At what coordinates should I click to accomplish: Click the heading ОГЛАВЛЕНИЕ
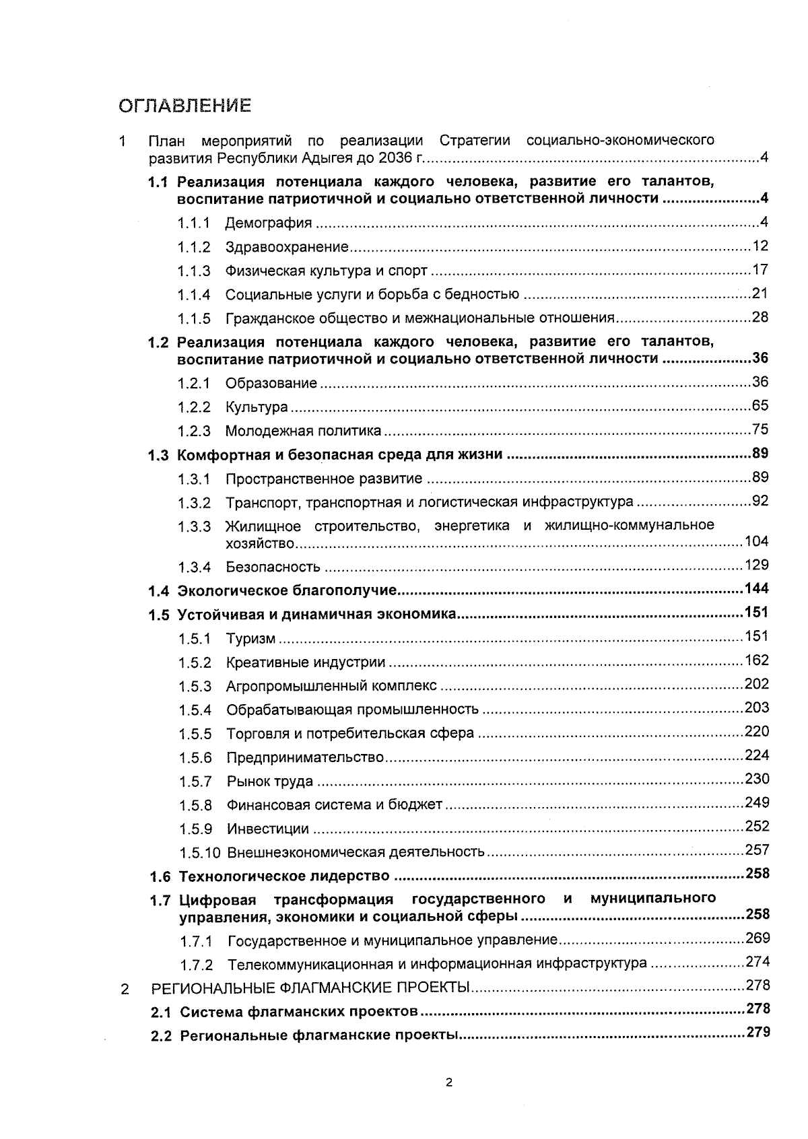184,106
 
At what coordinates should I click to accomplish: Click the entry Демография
268,223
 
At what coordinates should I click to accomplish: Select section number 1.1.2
194,247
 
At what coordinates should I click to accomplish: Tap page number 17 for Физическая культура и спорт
760,270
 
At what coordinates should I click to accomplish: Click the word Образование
271,383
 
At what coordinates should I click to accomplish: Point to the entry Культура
257,407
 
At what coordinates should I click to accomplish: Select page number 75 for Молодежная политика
760,429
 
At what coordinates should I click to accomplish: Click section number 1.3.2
194,503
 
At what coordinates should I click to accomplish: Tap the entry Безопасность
273,567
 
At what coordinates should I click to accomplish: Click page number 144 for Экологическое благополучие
756,589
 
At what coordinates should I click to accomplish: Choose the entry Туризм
250,639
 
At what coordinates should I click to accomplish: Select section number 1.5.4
195,710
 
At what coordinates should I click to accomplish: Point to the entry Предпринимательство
304,758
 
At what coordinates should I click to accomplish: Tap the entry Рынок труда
269,782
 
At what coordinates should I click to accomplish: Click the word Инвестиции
267,829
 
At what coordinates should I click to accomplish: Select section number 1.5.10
199,853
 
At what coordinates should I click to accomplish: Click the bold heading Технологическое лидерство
283,876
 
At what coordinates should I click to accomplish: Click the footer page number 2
449,1083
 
